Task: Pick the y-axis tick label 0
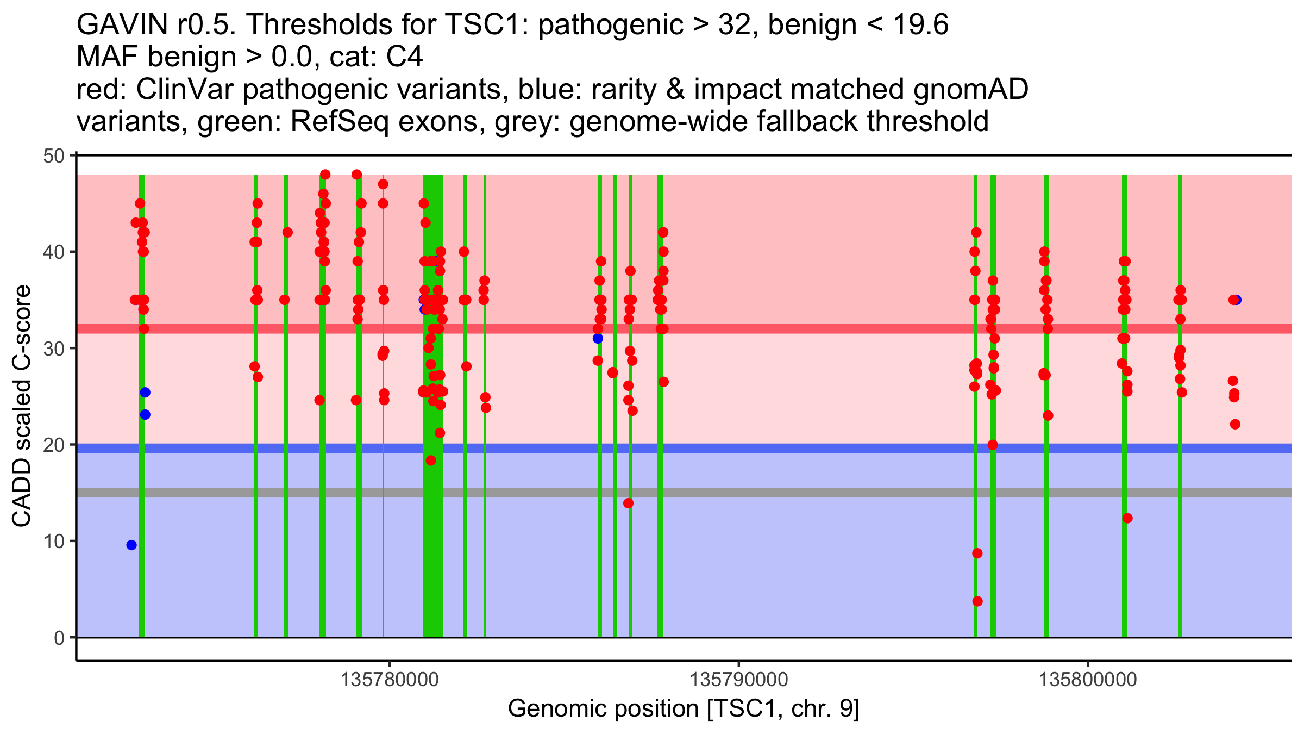coord(59,638)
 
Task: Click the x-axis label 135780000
coord(389,680)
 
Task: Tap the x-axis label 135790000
coord(738,680)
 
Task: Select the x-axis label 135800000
coord(1088,680)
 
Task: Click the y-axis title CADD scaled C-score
coord(22,407)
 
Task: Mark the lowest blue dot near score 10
coord(131,545)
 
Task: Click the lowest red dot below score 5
coord(977,601)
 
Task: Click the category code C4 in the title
coord(405,57)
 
